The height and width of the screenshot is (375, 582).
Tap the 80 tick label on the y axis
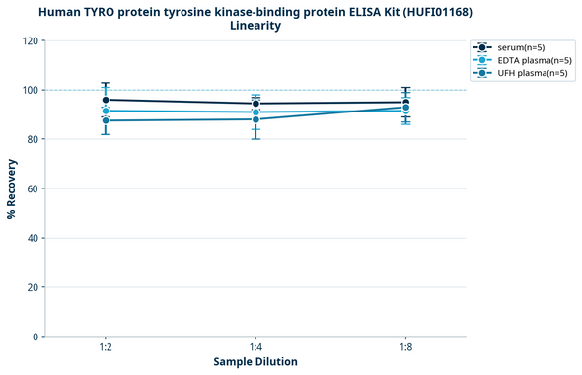(x=31, y=139)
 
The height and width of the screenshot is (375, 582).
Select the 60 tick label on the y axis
(x=31, y=188)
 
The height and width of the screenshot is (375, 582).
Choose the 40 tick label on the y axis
(x=31, y=238)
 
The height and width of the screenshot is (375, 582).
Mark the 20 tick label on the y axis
(x=31, y=287)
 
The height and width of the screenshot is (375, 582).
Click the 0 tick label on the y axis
(x=34, y=337)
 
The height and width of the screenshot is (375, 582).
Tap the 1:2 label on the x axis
(x=105, y=348)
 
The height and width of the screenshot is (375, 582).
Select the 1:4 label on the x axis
(x=255, y=348)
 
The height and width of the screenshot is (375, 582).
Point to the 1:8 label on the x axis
(x=406, y=348)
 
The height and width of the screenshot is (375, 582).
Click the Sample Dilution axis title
(x=255, y=362)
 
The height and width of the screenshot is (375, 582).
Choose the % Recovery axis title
(x=12, y=188)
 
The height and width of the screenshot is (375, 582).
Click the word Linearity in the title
(x=255, y=26)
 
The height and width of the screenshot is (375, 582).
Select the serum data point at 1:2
(x=106, y=100)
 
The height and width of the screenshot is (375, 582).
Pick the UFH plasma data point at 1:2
(x=106, y=120)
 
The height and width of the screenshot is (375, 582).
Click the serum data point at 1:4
(x=255, y=104)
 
